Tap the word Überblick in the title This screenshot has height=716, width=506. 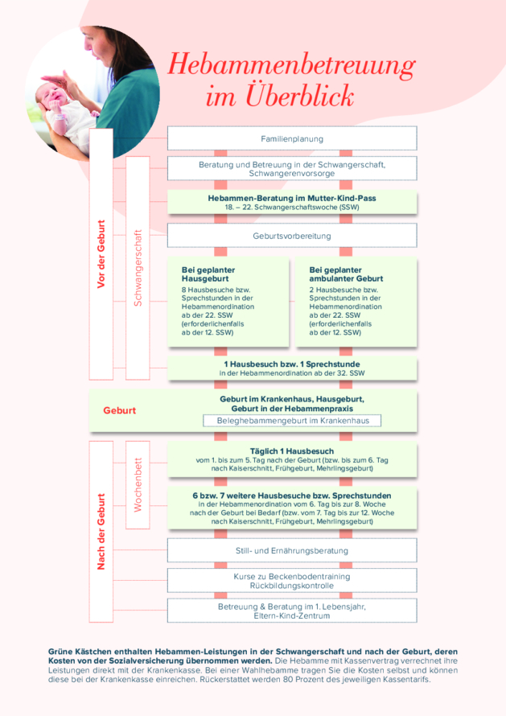tap(299, 96)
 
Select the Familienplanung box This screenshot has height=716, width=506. tap(292, 138)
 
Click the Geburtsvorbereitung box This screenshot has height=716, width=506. tap(292, 236)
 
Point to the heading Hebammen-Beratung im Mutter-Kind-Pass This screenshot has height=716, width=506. tap(292, 198)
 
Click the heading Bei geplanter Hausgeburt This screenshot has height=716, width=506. tap(208, 274)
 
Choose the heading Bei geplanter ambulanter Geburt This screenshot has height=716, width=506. tap(346, 274)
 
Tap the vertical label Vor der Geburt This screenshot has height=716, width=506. tap(101, 254)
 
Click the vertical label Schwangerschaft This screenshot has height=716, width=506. tap(138, 268)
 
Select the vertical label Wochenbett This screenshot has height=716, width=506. tap(138, 484)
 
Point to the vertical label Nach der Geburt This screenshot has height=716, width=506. tap(101, 532)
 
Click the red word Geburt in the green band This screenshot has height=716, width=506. tap(120, 410)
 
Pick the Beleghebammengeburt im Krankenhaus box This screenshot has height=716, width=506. tap(292, 421)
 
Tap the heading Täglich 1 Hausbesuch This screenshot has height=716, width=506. tap(292, 451)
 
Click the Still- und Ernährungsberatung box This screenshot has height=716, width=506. tap(292, 550)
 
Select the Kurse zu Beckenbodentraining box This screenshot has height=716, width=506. tap(292, 580)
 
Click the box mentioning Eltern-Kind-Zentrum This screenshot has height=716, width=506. tap(292, 611)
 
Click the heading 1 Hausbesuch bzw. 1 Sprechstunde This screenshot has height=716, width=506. tap(292, 364)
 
